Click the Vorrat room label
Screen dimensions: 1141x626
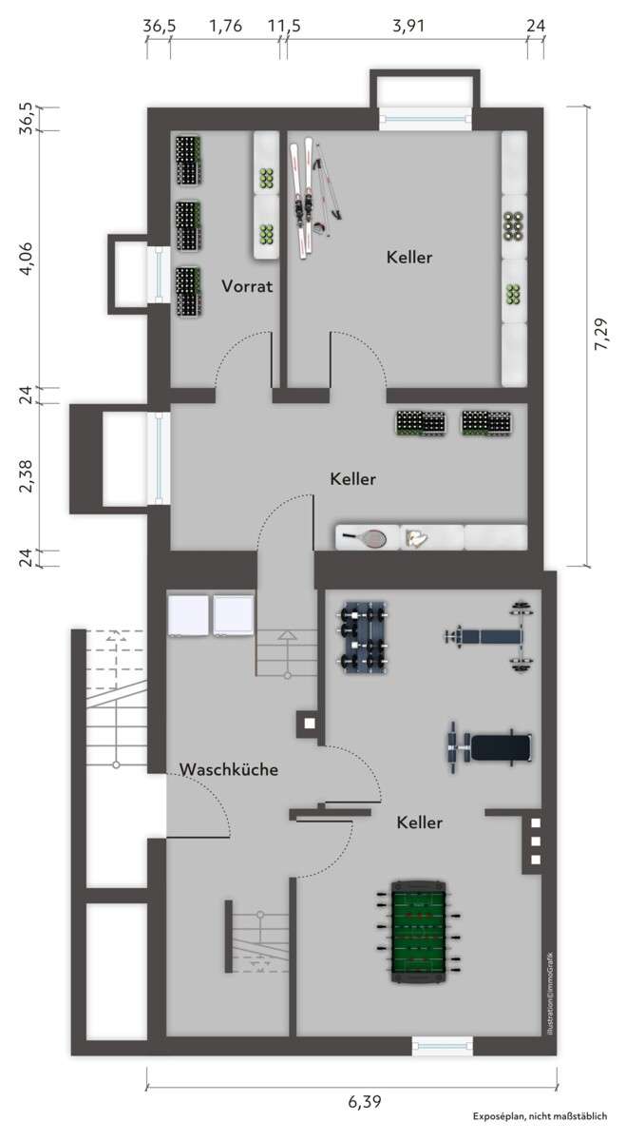[x=248, y=285]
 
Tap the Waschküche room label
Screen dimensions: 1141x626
[x=229, y=769]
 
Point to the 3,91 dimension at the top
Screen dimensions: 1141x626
[x=408, y=27]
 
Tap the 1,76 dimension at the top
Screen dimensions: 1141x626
[x=225, y=27]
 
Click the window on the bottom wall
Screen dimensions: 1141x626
[x=442, y=1046]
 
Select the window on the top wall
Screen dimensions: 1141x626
[x=425, y=118]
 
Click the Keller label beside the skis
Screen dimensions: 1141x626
[x=409, y=258]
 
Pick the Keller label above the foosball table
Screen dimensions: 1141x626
[x=419, y=822]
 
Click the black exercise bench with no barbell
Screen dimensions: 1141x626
[x=490, y=745]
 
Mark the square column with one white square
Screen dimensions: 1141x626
[x=309, y=723]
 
